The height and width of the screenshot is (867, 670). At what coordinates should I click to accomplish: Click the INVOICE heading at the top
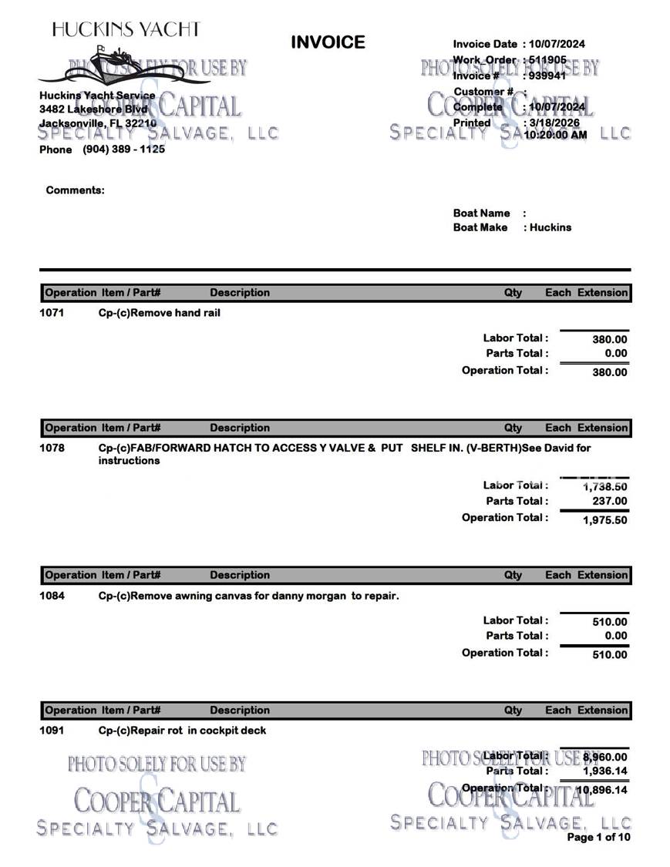point(328,42)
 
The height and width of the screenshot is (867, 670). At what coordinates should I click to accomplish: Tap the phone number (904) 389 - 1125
point(123,150)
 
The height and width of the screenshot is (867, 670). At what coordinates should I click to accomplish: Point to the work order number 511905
point(547,59)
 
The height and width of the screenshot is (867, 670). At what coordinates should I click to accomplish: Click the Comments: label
point(75,190)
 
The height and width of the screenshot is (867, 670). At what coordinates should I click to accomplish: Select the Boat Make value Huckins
point(550,227)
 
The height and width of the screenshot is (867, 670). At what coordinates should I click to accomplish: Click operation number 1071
point(52,313)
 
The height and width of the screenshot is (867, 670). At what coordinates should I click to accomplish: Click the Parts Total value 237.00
point(609,502)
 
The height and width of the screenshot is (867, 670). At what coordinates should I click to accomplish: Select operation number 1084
point(52,595)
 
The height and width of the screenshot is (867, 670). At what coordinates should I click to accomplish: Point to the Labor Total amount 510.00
point(609,622)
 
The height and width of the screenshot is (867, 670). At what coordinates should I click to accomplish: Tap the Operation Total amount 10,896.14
point(601,790)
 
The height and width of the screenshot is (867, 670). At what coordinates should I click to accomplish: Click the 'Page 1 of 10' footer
point(598,837)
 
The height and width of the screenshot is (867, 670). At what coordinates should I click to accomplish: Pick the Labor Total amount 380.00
point(609,339)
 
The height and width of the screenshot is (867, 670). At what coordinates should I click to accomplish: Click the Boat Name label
point(481,213)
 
